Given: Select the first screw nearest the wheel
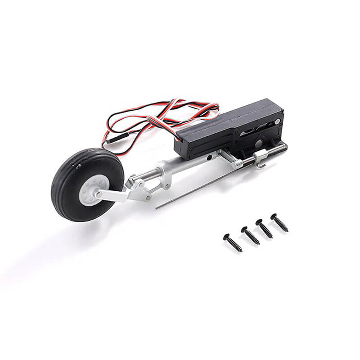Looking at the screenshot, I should [x=233, y=243].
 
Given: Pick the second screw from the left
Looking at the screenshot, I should [x=250, y=235].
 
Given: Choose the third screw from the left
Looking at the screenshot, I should [x=264, y=229].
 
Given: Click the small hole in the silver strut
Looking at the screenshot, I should [x=209, y=158].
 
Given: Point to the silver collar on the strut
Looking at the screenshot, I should [x=162, y=176].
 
